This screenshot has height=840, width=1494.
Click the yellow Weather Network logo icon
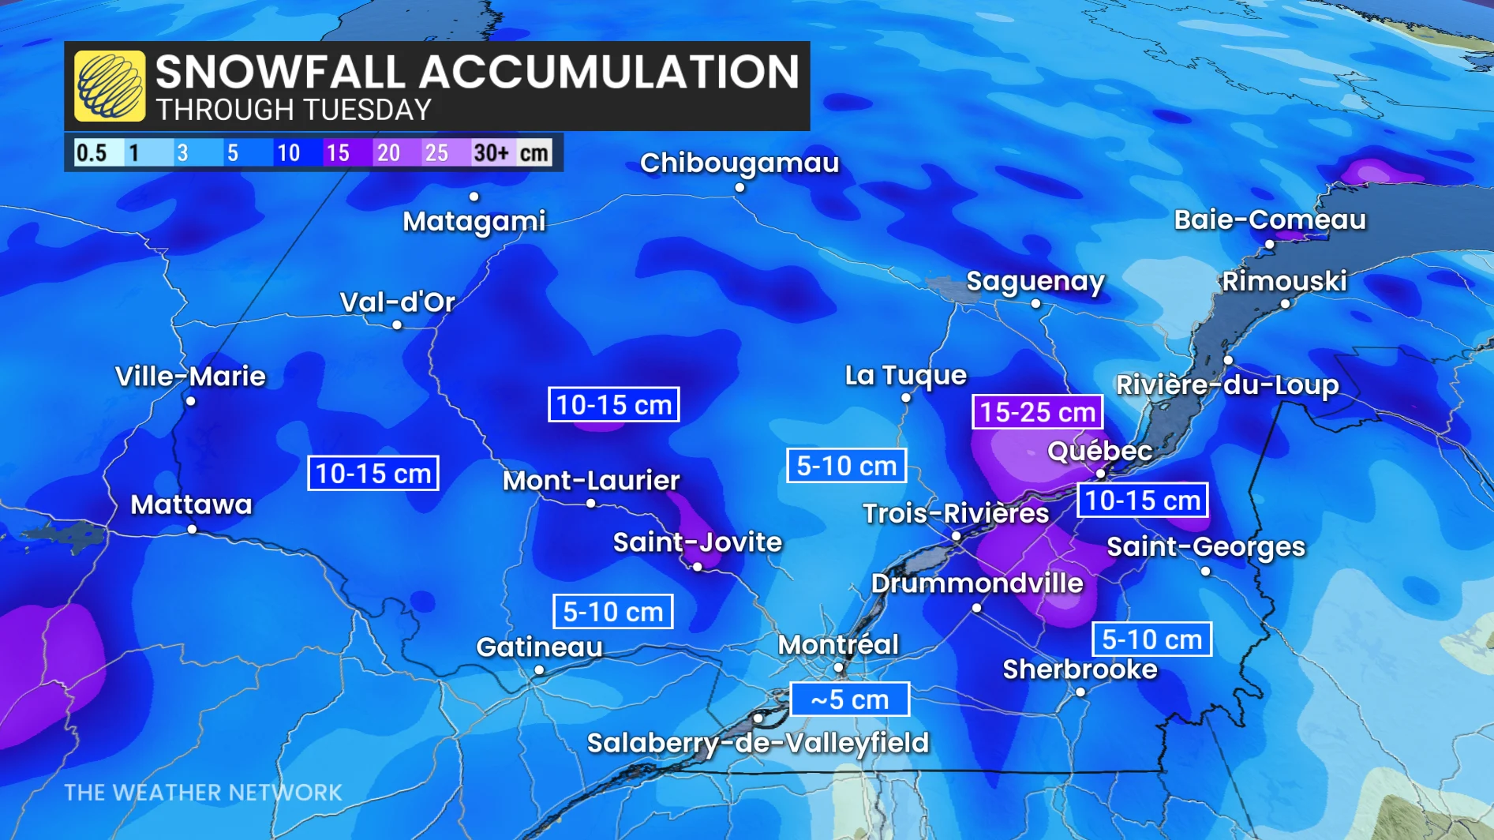[110, 86]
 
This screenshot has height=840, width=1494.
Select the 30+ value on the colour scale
[491, 152]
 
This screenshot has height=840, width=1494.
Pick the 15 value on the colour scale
[338, 152]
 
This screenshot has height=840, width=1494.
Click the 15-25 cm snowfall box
[1037, 412]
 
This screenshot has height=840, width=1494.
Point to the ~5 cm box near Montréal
[849, 699]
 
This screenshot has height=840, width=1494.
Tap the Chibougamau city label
[740, 163]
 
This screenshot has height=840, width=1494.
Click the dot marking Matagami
[474, 197]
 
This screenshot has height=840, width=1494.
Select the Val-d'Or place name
[397, 302]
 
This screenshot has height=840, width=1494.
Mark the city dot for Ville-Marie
[191, 401]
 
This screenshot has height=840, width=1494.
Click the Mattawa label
[191, 504]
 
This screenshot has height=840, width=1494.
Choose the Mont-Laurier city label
[591, 480]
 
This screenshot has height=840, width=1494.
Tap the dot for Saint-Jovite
[698, 567]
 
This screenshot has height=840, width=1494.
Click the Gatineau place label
[539, 647]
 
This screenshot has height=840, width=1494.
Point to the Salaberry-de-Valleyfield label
[758, 743]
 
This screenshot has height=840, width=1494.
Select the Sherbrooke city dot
[1080, 692]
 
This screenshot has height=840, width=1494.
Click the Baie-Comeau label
[1270, 219]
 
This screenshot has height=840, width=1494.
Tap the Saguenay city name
[1035, 281]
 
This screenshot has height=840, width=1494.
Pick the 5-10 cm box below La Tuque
[846, 466]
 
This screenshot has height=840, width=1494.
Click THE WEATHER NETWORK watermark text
[203, 793]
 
